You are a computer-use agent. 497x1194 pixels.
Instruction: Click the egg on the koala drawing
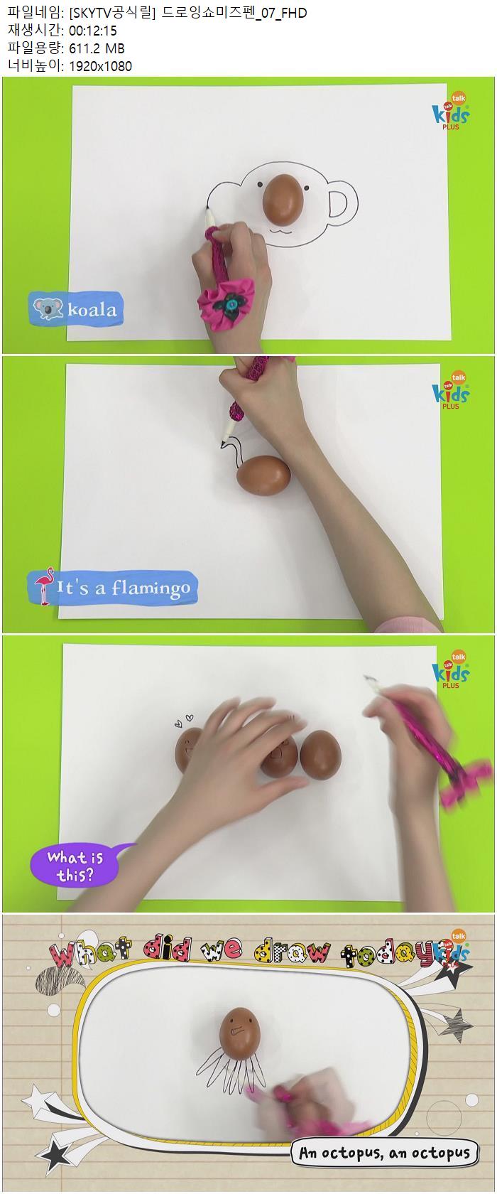click(283, 199)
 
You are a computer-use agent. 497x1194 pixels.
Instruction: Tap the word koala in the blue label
click(92, 309)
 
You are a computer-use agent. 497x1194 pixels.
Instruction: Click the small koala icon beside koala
click(48, 308)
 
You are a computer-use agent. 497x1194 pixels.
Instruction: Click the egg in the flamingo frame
click(263, 475)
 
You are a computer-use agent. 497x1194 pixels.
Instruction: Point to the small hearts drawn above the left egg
click(184, 721)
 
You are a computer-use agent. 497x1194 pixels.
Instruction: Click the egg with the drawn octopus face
click(240, 1033)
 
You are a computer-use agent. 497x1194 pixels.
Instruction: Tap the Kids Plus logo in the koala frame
click(451, 112)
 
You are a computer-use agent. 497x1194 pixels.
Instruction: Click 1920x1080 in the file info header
click(101, 66)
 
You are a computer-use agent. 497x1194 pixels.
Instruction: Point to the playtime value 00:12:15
click(93, 31)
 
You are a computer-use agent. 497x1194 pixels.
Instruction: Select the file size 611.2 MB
click(97, 48)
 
